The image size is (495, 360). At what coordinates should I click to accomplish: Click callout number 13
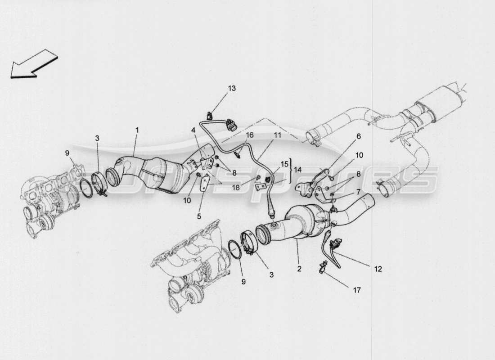(231, 88)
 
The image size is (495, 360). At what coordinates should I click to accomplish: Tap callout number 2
(299, 269)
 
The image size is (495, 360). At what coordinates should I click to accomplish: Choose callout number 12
(378, 269)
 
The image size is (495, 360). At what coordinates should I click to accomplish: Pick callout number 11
(277, 135)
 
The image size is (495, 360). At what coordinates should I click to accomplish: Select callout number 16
(250, 135)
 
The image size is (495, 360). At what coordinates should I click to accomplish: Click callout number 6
(359, 135)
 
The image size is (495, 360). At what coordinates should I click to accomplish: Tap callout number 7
(359, 192)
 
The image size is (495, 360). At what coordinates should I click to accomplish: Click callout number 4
(193, 130)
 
